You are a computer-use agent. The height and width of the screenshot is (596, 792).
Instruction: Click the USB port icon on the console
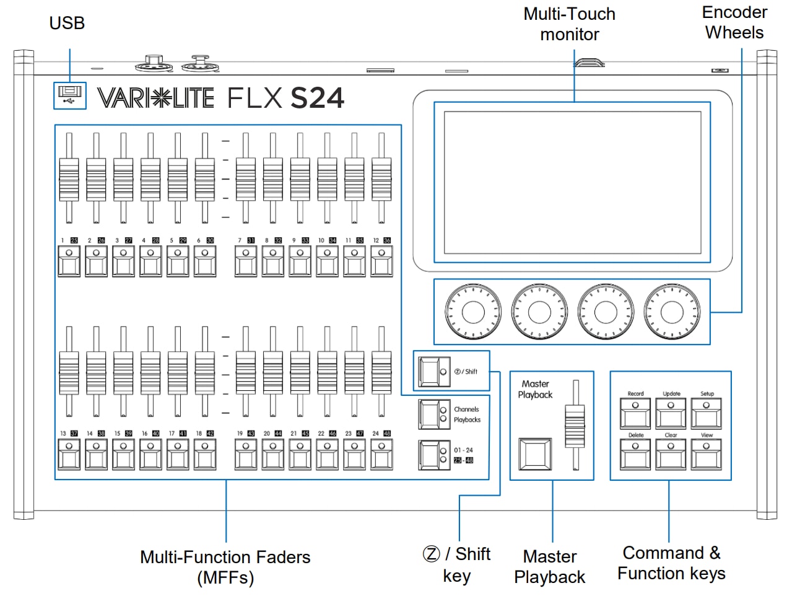[x=69, y=95]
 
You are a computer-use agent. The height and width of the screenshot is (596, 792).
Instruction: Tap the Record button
[x=635, y=413]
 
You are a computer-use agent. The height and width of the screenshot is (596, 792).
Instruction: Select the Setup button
[x=707, y=413]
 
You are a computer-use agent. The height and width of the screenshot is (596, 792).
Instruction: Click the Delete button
[x=635, y=454]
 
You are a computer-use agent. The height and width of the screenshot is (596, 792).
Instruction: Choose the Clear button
[x=671, y=454]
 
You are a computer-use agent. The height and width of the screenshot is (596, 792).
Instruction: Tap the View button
[x=707, y=454]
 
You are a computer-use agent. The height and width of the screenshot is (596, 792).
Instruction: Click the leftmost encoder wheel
[x=472, y=312]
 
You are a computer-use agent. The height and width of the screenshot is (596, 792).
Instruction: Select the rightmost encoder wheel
[x=672, y=312]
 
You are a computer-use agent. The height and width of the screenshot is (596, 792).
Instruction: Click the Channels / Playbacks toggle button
[x=433, y=414]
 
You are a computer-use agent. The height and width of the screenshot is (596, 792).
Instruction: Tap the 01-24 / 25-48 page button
[x=433, y=455]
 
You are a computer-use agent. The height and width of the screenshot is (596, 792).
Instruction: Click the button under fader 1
[x=69, y=261]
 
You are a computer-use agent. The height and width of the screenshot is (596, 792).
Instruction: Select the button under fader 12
[x=381, y=261]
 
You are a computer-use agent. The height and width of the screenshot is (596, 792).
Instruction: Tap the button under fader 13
[x=69, y=454]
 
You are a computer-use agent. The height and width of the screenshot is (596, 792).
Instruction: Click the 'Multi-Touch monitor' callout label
[x=569, y=24]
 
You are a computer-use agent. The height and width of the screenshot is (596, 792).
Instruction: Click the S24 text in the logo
[x=317, y=99]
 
